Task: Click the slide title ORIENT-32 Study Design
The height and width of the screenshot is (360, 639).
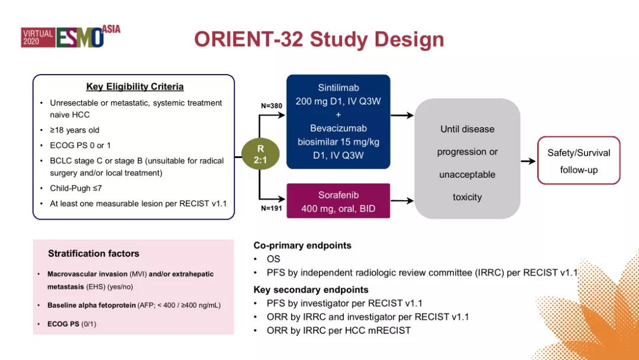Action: pos(319,39)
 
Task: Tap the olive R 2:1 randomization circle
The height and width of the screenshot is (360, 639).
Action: pos(260,155)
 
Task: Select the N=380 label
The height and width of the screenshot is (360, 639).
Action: pos(272,105)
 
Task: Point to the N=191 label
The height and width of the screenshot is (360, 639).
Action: pos(272,208)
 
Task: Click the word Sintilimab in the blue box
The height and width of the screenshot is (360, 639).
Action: pos(338,88)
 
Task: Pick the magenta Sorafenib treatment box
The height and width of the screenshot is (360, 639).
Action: pos(338,201)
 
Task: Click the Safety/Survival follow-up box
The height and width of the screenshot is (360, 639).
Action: pos(578,160)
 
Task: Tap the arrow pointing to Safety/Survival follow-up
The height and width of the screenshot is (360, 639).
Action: pos(528,161)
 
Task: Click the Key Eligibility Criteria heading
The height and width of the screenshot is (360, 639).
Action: pos(135,86)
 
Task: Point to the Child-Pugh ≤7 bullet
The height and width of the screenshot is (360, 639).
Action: pos(79,188)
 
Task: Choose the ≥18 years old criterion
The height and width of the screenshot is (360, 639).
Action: pos(78,130)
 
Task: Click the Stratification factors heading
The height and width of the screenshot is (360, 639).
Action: pos(93,253)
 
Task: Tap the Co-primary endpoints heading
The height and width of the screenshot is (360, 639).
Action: pos(302,245)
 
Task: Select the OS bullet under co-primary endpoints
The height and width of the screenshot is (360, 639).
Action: pos(273,259)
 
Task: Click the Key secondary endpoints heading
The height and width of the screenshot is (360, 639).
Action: pos(311,290)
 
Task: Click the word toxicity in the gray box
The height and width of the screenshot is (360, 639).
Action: pos(467,197)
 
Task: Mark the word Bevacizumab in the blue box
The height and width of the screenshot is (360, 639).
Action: pos(338,128)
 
